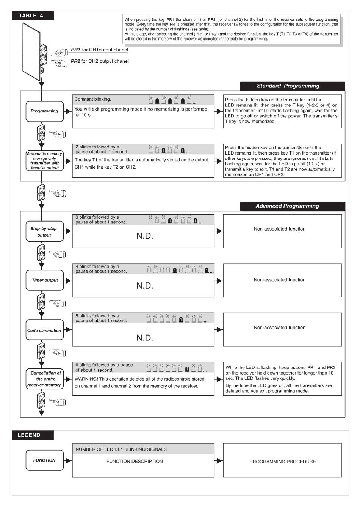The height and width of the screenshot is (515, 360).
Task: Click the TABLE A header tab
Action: click(x=32, y=16)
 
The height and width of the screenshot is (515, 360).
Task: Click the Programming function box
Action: click(x=44, y=111)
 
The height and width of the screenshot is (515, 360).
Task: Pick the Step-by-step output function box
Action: click(x=44, y=232)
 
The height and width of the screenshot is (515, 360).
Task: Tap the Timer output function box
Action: click(x=44, y=280)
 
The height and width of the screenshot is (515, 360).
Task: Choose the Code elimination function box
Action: click(x=44, y=331)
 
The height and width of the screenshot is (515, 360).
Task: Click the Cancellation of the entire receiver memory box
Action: click(x=44, y=379)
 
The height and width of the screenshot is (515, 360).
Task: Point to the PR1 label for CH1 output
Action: click(x=75, y=50)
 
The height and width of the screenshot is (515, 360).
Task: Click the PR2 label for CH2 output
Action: click(x=75, y=61)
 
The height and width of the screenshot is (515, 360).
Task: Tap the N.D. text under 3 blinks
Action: click(x=145, y=236)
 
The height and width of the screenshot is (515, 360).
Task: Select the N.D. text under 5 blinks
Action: click(x=145, y=338)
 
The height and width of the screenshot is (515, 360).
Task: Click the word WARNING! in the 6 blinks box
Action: click(x=86, y=379)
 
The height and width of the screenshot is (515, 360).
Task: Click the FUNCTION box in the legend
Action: click(x=44, y=460)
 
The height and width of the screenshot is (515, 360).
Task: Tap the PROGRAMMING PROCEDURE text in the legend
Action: click(x=282, y=462)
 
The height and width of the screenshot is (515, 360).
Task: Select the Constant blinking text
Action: click(x=93, y=99)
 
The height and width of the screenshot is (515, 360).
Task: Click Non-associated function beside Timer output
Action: click(x=280, y=280)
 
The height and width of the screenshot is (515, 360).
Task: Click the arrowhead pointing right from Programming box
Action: click(x=69, y=111)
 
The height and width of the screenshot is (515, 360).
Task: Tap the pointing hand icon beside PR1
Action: click(x=61, y=52)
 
